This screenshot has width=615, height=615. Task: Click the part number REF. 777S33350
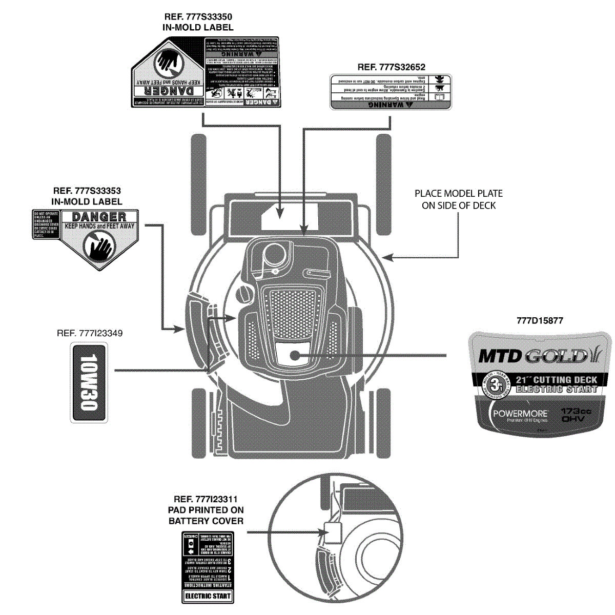[198, 17]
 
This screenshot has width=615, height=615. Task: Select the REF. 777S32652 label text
[392, 67]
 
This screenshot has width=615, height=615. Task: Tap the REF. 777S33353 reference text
[87, 191]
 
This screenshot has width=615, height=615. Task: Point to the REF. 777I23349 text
[90, 333]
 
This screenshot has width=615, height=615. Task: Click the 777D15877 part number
[540, 321]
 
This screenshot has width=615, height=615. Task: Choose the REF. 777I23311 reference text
[206, 499]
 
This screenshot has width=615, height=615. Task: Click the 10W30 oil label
[89, 383]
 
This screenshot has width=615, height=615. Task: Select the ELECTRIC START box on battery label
[208, 596]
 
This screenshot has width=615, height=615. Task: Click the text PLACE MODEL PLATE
[459, 194]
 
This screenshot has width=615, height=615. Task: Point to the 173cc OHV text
[576, 415]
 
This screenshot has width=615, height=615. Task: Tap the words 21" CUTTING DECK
[557, 380]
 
